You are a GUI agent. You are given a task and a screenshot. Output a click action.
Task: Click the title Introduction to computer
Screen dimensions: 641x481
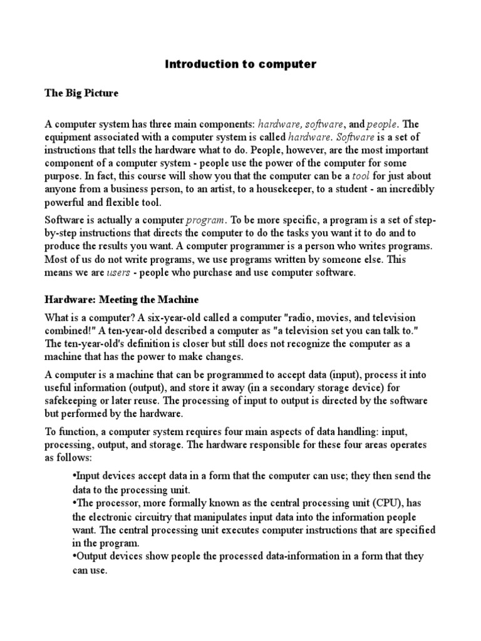[240, 64]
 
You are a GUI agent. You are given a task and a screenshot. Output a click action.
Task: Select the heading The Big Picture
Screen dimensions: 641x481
[81, 93]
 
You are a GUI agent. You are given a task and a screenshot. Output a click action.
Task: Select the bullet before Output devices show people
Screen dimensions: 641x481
[75, 556]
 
